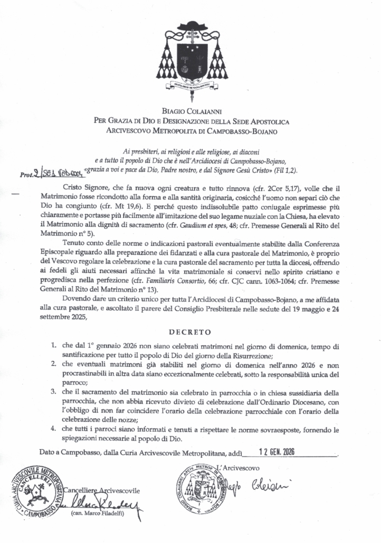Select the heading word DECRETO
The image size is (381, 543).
pos(190,332)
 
